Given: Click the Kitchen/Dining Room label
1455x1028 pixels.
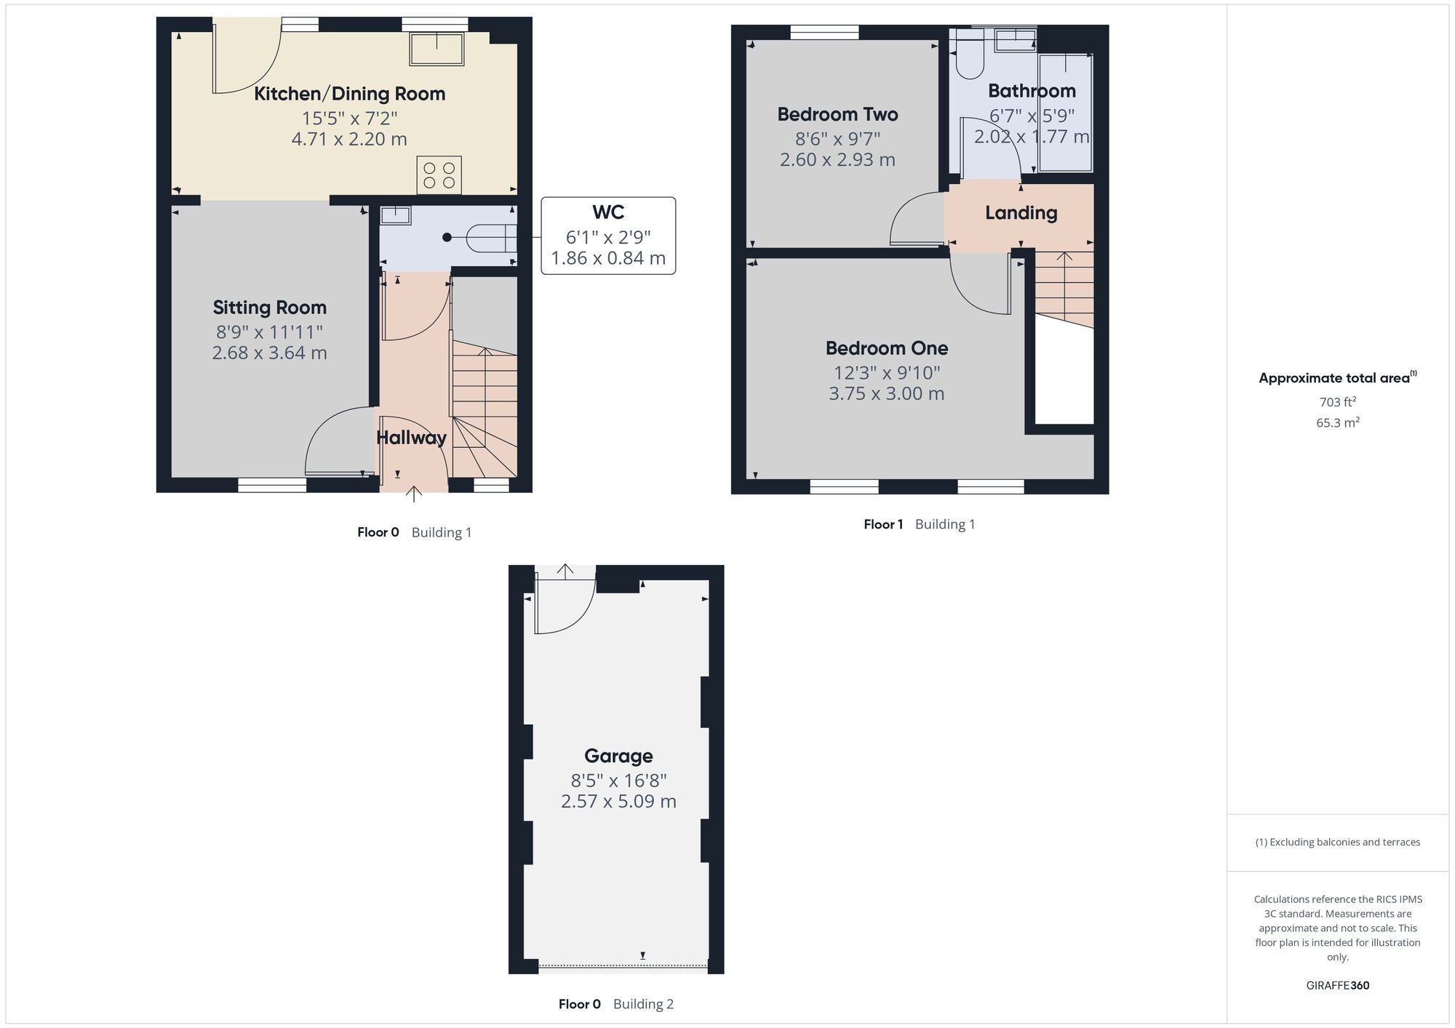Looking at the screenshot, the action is [x=349, y=94].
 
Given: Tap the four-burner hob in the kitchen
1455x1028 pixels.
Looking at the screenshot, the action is [x=439, y=175].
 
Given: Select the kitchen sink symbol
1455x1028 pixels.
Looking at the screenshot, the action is [x=437, y=48].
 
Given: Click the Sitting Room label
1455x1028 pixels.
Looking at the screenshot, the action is [x=269, y=308].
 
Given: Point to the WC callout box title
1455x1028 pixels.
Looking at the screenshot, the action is [x=608, y=212].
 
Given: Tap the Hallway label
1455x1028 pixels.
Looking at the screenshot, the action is [x=411, y=438].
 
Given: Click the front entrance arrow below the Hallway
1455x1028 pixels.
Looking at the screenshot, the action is [x=413, y=494].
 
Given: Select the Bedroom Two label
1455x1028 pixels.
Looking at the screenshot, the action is [x=837, y=114].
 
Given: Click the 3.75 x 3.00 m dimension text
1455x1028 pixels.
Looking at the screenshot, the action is [x=886, y=394].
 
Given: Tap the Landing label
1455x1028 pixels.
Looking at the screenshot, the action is [x=1021, y=213].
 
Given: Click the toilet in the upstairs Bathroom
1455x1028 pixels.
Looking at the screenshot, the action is [x=970, y=55].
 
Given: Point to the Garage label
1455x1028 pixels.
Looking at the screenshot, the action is [x=618, y=756].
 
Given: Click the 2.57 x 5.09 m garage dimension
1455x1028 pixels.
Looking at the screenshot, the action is [x=618, y=801].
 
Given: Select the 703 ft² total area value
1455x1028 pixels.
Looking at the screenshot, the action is [x=1338, y=402].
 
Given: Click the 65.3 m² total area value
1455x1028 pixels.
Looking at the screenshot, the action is [x=1338, y=422].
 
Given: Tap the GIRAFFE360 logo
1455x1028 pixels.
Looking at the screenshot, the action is [x=1338, y=986].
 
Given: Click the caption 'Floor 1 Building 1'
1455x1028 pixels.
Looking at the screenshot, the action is [x=919, y=524].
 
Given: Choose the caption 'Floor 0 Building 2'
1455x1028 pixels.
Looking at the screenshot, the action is [x=616, y=1004].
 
